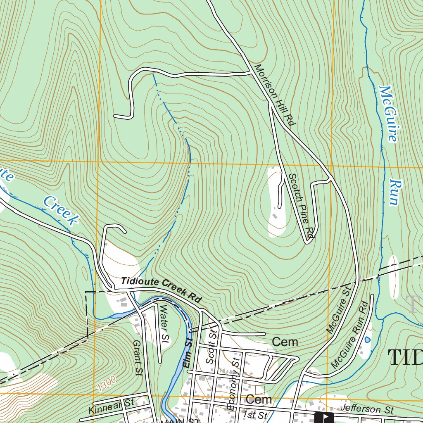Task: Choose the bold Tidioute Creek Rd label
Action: point(162,290)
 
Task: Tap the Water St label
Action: point(164,324)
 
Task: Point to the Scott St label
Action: point(211,347)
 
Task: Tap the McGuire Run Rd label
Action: point(349,335)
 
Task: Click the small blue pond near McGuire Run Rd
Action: point(367,340)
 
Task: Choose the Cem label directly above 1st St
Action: point(259,399)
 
